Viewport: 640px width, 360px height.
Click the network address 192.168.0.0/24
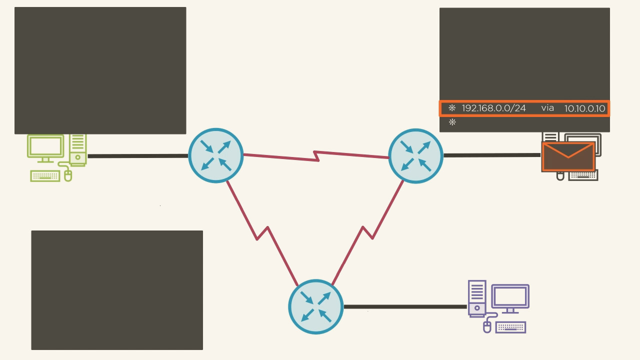click(x=493, y=108)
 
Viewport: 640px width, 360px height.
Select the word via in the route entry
click(x=547, y=108)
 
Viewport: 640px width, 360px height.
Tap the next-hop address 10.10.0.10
click(x=584, y=108)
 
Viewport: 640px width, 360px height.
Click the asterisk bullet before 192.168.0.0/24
click(x=452, y=108)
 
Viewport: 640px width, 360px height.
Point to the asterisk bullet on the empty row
click(x=452, y=122)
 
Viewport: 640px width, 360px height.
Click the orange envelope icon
click(x=568, y=156)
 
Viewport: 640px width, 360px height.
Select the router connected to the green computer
click(x=215, y=155)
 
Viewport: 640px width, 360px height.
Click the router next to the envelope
click(x=415, y=155)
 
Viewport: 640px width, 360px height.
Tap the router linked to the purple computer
click(x=315, y=306)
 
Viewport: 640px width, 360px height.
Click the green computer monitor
click(x=45, y=147)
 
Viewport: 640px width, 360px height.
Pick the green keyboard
click(x=45, y=176)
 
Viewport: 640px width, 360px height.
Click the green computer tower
click(x=78, y=149)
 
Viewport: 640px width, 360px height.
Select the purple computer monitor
click(x=510, y=298)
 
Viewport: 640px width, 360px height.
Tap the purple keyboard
click(x=510, y=327)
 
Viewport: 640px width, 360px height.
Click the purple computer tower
click(x=476, y=298)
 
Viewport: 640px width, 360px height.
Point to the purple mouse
click(x=487, y=327)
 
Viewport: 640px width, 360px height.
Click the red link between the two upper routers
click(x=316, y=156)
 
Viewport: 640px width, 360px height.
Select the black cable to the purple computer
click(x=405, y=306)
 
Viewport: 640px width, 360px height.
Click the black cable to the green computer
click(x=137, y=156)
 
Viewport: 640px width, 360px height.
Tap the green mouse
click(x=68, y=175)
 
